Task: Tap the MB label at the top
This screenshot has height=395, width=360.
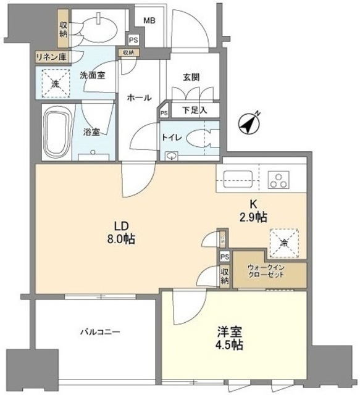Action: tap(149, 20)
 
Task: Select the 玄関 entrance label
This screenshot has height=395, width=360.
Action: tap(189, 77)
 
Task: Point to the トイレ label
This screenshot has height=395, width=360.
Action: tap(170, 138)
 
